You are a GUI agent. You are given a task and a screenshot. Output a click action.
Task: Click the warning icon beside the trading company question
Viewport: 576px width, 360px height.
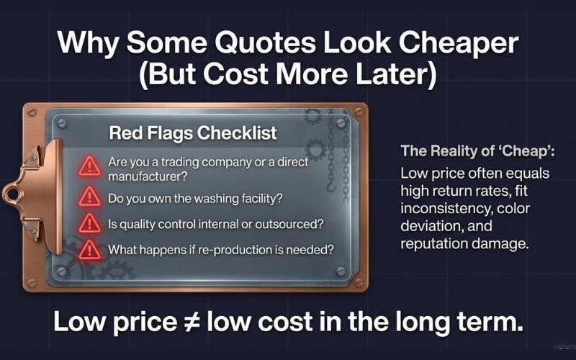pos(89,167)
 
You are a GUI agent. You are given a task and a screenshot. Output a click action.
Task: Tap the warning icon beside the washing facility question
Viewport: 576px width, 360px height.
pos(89,196)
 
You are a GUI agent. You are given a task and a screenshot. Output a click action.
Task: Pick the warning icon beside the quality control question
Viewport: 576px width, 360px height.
pos(89,222)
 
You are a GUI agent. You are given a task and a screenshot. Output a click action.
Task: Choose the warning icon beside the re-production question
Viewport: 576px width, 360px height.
pos(89,250)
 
